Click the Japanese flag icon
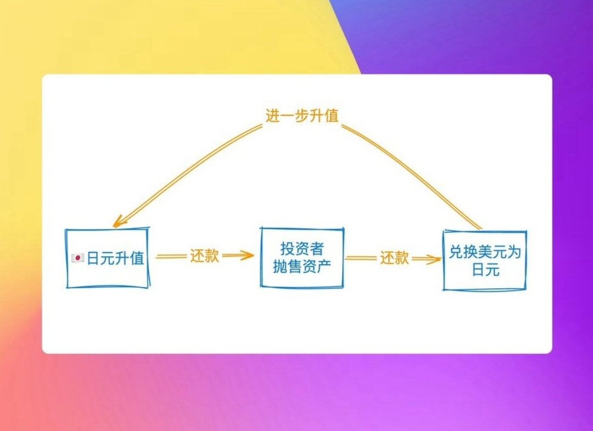[78, 258]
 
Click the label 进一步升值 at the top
[302, 116]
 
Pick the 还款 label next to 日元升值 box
[205, 256]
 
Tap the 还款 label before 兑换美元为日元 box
[394, 258]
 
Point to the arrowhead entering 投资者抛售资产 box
[248, 255]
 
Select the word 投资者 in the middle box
[302, 249]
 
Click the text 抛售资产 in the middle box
[302, 267]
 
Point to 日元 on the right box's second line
[485, 270]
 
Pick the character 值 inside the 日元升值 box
[137, 259]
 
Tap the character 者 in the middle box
[316, 249]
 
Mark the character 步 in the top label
[302, 116]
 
